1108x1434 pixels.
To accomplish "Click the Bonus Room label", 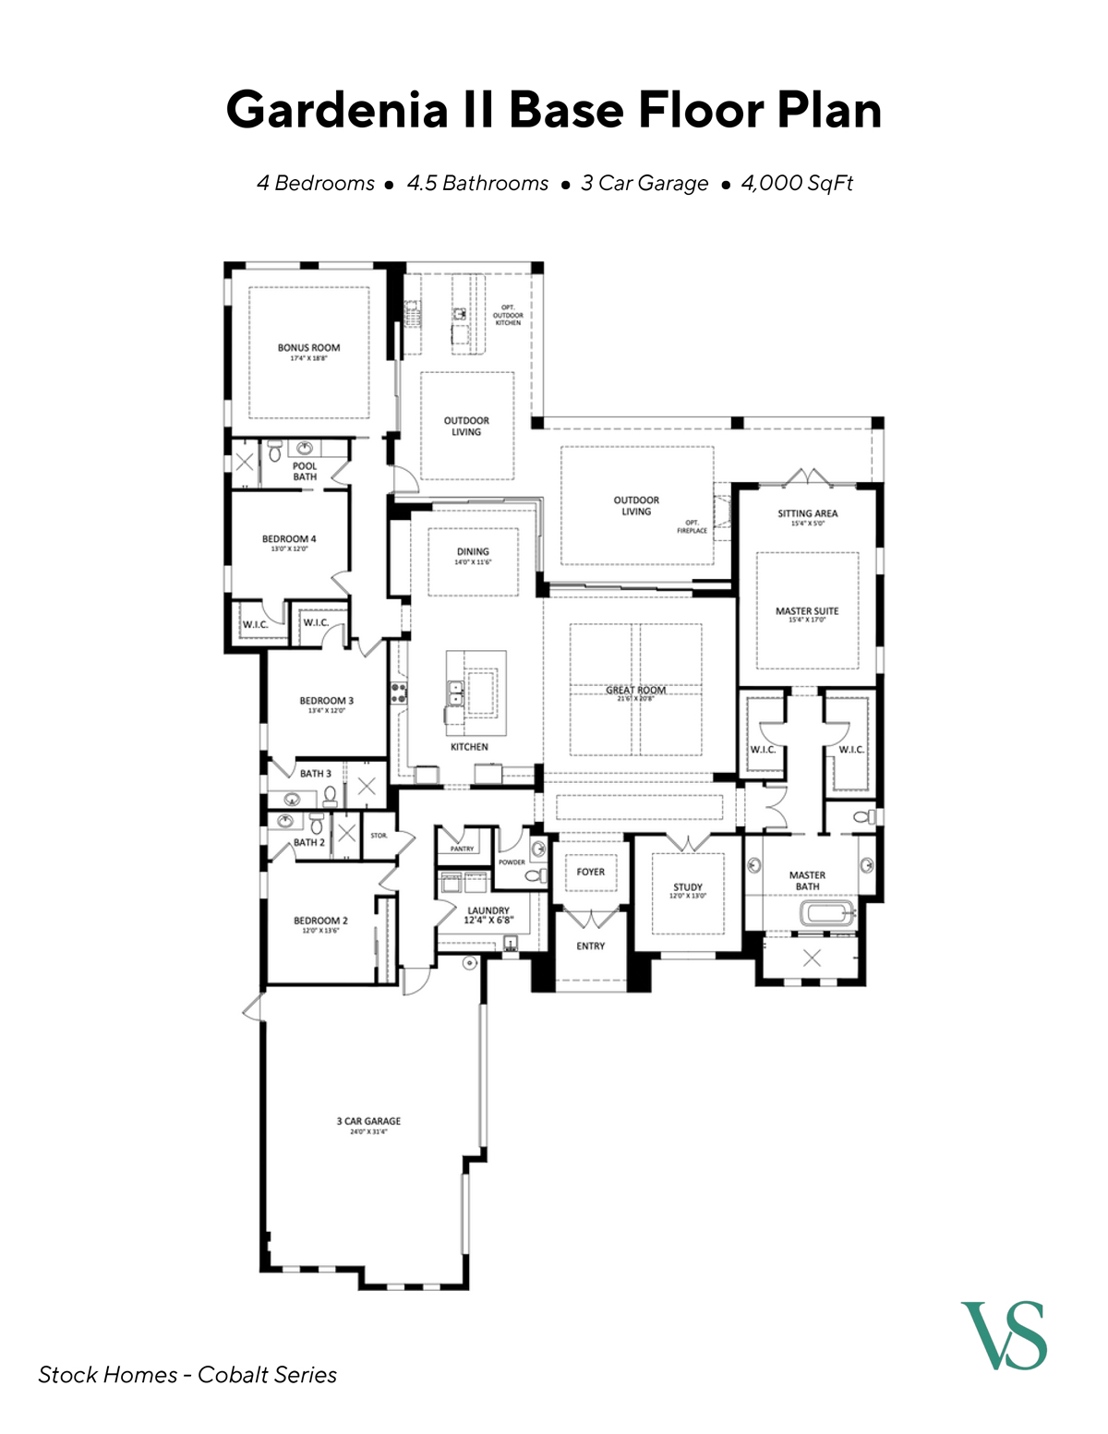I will (x=308, y=349).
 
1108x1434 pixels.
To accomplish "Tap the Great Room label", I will (x=635, y=691).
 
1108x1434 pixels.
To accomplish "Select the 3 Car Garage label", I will (x=368, y=1122).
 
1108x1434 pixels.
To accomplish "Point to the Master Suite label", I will (x=807, y=611).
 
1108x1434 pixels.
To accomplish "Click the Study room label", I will (x=688, y=887).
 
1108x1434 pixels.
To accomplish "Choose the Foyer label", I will (x=591, y=872).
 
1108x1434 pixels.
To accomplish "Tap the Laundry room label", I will (x=488, y=911).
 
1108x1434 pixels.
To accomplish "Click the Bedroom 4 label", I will (x=289, y=539).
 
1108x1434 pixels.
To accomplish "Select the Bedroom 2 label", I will (x=320, y=921).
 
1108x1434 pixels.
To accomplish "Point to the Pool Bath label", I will (x=305, y=472).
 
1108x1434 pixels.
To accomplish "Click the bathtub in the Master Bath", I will (x=828, y=914).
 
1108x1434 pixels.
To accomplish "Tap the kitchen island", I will (x=476, y=683).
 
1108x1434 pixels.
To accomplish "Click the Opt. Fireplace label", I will (x=692, y=526).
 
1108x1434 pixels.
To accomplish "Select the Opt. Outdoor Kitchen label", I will (x=508, y=315).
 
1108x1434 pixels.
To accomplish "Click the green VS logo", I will (x=1004, y=1335).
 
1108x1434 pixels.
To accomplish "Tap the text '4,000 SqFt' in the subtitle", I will (x=797, y=183).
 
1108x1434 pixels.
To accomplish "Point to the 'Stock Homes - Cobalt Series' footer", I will (x=187, y=1375).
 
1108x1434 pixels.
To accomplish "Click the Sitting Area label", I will (x=807, y=513).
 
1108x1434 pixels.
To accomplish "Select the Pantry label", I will (x=462, y=849).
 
